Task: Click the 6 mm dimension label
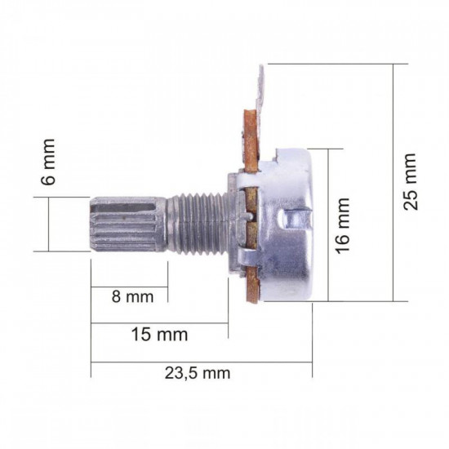point(50,162)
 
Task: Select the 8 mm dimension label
point(131,297)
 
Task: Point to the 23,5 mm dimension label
point(198,374)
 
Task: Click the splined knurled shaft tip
point(126,225)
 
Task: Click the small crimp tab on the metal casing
point(297,220)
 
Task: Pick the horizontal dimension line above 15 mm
point(160,323)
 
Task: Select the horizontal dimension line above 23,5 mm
point(201,362)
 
